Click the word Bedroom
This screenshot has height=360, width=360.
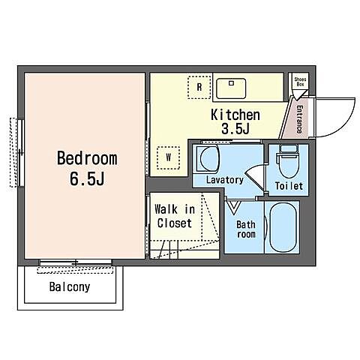click(x=87, y=158)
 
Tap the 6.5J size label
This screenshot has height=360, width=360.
click(x=87, y=178)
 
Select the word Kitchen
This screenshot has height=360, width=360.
click(x=235, y=115)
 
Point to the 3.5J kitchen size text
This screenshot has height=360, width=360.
click(x=235, y=129)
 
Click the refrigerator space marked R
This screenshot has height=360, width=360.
click(x=199, y=87)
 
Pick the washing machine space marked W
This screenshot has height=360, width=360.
click(x=169, y=157)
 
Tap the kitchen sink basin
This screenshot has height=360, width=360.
click(x=231, y=88)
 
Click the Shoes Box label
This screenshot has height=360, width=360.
click(x=300, y=82)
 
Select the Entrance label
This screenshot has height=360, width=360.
click(x=299, y=119)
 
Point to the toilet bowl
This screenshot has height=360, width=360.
click(x=288, y=166)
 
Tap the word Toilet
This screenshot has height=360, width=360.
click(x=289, y=186)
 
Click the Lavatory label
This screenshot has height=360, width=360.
click(x=225, y=180)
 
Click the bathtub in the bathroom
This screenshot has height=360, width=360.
click(x=283, y=227)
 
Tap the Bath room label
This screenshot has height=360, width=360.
click(x=246, y=229)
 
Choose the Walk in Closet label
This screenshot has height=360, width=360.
click(x=175, y=216)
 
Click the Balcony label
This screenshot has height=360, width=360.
click(x=70, y=286)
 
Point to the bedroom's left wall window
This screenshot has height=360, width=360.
click(x=21, y=152)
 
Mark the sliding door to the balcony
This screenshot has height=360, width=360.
click(x=76, y=262)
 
